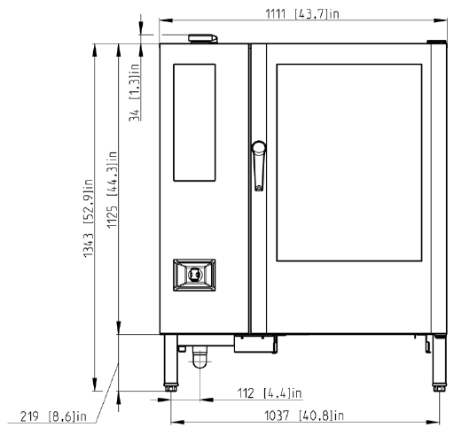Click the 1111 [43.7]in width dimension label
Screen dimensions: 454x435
tap(302, 14)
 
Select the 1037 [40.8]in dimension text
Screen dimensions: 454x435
tap(304, 416)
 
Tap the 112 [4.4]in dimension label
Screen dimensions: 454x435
tap(270, 393)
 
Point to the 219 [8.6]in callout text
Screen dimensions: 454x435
tap(53, 416)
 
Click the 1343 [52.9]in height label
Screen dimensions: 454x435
tap(88, 218)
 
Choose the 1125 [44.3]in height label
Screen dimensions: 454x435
tap(113, 190)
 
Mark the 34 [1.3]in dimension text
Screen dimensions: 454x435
tap(134, 92)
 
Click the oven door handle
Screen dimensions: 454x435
tap(259, 166)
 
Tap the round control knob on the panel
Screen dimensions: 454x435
tap(194, 275)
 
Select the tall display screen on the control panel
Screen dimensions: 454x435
tap(194, 122)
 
